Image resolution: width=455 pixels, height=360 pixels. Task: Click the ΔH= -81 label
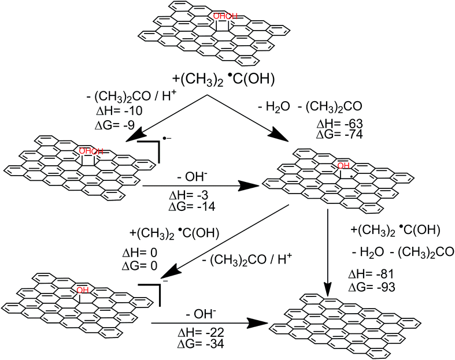(373, 274)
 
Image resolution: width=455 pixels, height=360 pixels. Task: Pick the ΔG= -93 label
(373, 286)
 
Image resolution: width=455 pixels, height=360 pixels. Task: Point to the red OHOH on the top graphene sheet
(225, 16)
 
